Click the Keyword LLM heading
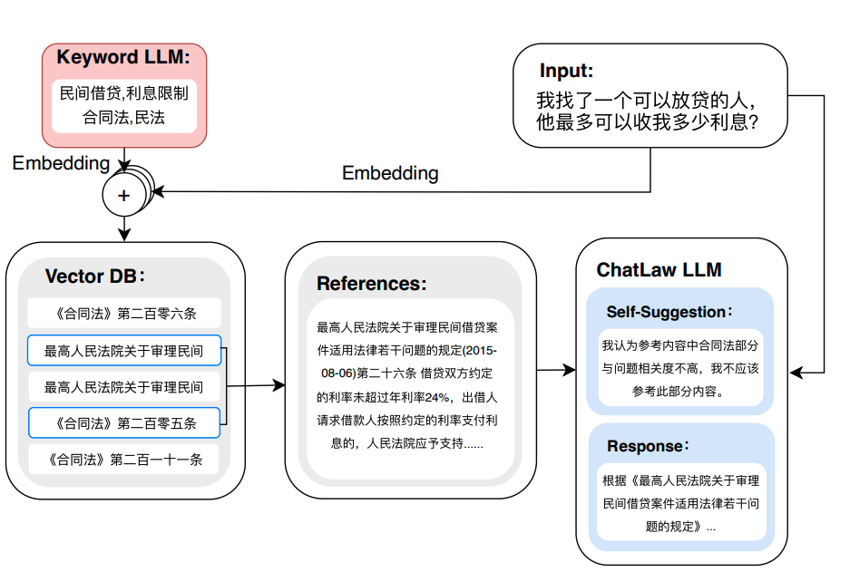pyautogui.click(x=123, y=57)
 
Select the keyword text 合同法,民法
pyautogui.click(x=124, y=117)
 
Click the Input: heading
pyautogui.click(x=566, y=71)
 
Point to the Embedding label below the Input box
pyautogui.click(x=390, y=173)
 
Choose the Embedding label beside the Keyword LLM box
pyautogui.click(x=61, y=163)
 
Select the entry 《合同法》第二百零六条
pyautogui.click(x=124, y=315)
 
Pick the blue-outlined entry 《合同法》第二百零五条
pyautogui.click(x=124, y=422)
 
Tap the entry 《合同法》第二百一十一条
pyautogui.click(x=124, y=460)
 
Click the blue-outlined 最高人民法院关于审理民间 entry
pyautogui.click(x=124, y=351)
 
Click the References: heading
pyautogui.click(x=371, y=284)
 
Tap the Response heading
pyautogui.click(x=649, y=446)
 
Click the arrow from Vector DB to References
pyautogui.click(x=259, y=386)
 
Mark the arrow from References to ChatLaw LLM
pyautogui.click(x=555, y=370)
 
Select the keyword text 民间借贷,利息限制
pyautogui.click(x=124, y=93)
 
